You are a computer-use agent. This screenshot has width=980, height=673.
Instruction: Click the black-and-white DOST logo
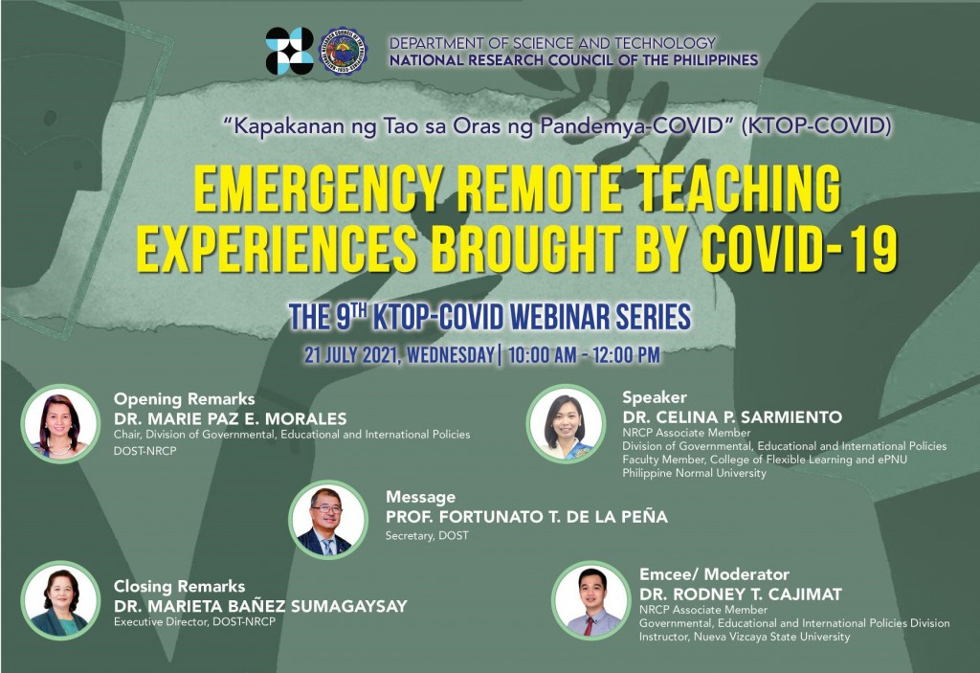[x=289, y=51]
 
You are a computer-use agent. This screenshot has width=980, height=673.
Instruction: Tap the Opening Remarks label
[x=184, y=399]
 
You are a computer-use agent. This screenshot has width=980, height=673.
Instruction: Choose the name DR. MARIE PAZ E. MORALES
[x=230, y=418]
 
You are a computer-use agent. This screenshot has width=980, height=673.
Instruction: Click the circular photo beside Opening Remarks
[x=60, y=423]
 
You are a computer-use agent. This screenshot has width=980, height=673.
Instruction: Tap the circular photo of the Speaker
[x=566, y=423]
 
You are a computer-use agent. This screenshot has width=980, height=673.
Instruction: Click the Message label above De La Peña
[x=420, y=497]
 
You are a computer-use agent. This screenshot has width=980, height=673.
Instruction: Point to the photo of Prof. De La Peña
[x=327, y=520]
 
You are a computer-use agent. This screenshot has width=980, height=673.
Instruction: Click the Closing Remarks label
[x=179, y=586]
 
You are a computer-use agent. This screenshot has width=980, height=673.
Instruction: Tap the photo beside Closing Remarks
[x=60, y=600]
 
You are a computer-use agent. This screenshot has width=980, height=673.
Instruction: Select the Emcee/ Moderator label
[x=714, y=574]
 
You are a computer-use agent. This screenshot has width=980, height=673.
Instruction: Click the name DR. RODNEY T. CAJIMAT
[x=740, y=594]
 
